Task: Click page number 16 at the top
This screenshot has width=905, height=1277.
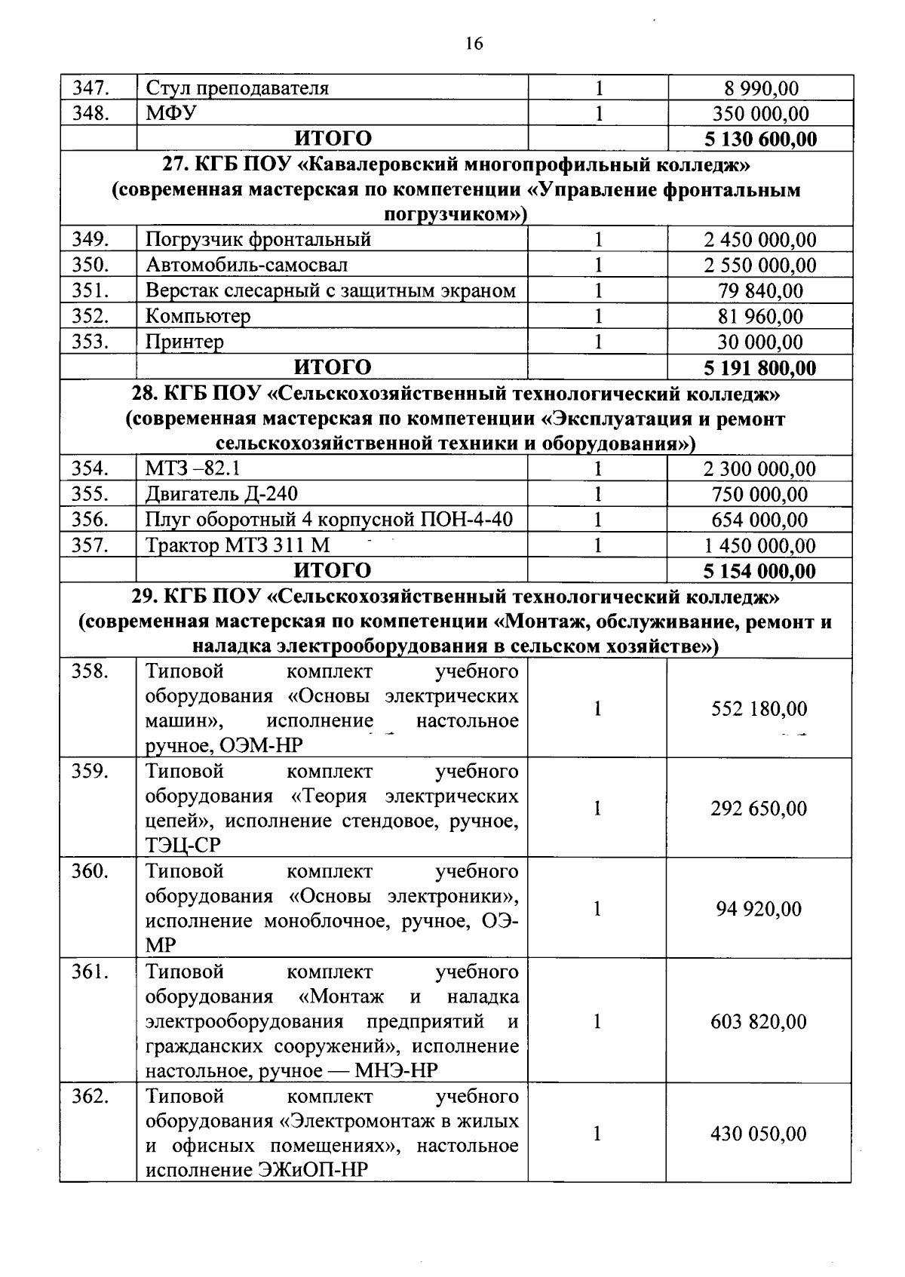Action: [474, 44]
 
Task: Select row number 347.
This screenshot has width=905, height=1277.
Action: [91, 88]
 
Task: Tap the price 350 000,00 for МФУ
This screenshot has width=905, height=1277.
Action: [760, 114]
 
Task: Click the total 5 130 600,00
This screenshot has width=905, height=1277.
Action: [760, 140]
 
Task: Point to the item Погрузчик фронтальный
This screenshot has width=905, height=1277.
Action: [258, 240]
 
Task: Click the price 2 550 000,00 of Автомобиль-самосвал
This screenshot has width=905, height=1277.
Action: [760, 266]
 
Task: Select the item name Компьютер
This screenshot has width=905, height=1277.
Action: [198, 316]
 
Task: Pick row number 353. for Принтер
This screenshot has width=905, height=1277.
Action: [91, 342]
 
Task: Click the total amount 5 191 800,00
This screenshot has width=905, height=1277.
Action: [760, 368]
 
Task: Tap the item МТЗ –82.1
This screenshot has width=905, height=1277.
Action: [192, 469]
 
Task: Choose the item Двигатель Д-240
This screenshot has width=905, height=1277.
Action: [221, 494]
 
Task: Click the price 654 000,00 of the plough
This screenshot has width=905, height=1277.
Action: [759, 520]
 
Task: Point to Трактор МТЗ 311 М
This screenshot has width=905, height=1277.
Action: [238, 545]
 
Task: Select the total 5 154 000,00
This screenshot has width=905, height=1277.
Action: [759, 571]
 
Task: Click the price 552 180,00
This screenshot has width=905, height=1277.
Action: [759, 709]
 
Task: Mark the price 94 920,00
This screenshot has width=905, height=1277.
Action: [759, 909]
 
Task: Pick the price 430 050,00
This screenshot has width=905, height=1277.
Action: [759, 1134]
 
